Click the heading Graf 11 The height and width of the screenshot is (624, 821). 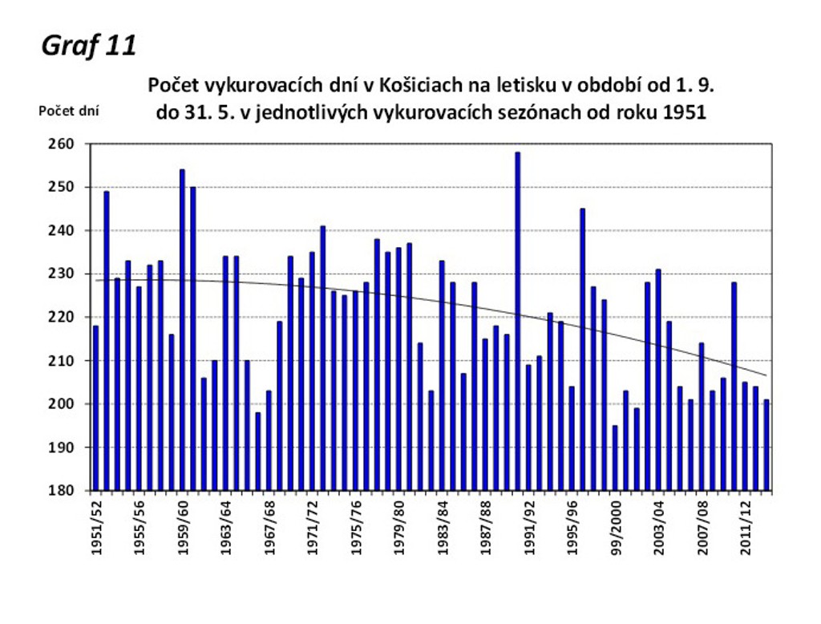tap(88, 46)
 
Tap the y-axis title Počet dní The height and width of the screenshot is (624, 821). tap(69, 111)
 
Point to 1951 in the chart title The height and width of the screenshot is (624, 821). tap(685, 112)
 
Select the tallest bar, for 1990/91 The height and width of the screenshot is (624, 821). tap(518, 321)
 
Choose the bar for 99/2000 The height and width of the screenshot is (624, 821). tap(615, 457)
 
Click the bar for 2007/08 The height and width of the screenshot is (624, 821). tap(702, 416)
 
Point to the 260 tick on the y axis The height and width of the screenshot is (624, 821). tap(63, 144)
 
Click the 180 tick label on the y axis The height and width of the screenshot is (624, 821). tap(63, 490)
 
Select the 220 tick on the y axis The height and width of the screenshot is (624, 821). tap(63, 318)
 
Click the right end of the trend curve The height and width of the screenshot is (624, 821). tap(766, 375)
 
